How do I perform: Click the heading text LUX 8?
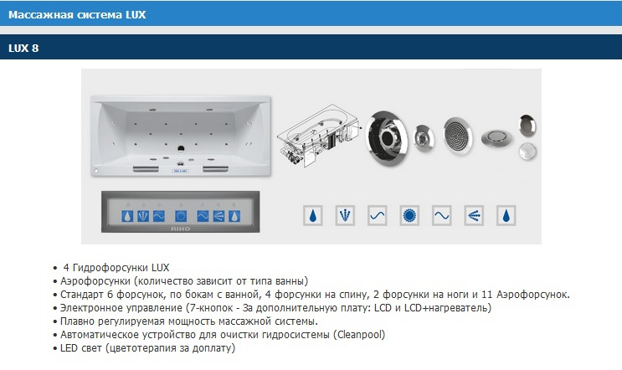pos(23,48)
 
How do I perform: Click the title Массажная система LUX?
pos(77,15)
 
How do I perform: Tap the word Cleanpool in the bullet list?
pos(360,335)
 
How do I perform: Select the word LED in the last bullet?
pos(69,348)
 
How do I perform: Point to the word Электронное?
pos(91,308)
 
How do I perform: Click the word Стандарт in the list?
pos(82,295)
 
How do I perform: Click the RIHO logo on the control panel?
pos(181,229)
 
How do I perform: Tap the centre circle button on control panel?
pos(181,216)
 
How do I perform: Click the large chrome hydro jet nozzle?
pos(386,138)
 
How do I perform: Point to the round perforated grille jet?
pos(457,136)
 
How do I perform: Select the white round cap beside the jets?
pos(527,152)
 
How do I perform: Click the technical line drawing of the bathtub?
pos(319,136)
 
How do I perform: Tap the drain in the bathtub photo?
pos(181,149)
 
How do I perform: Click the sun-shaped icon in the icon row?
pos(409,216)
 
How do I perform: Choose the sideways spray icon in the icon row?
pos(474,216)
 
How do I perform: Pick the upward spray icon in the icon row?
pos(345,216)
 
